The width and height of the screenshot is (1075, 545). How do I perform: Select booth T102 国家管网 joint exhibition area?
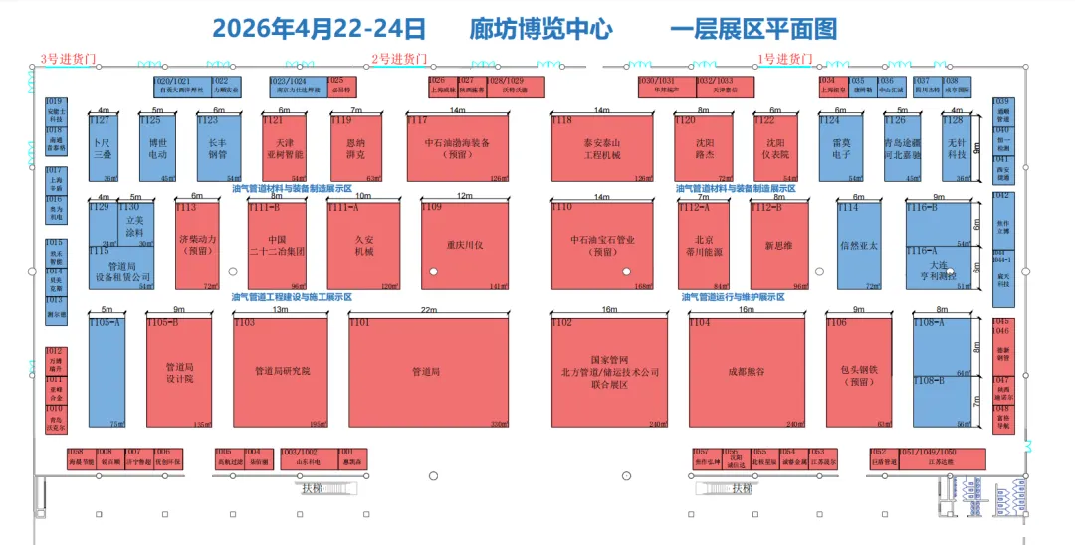tap(610, 372)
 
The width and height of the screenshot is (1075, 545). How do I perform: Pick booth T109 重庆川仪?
tap(465, 244)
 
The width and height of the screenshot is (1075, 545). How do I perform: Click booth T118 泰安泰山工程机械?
tap(603, 149)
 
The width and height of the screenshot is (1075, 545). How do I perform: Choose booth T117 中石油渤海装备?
tap(457, 149)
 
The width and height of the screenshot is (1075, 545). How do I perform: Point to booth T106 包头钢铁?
tap(858, 372)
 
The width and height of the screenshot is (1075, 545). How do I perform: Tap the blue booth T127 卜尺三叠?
tap(104, 149)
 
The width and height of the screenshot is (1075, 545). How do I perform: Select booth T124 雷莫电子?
tap(841, 149)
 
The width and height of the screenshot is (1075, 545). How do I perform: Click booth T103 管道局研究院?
tap(281, 372)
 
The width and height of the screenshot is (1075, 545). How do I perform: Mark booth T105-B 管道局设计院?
tap(179, 372)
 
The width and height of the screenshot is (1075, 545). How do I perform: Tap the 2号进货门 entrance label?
tap(398, 60)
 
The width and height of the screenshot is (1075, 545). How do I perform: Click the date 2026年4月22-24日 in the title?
tap(320, 28)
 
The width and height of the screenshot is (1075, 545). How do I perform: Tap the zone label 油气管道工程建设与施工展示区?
tap(293, 296)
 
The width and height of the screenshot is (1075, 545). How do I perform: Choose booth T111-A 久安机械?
tap(363, 244)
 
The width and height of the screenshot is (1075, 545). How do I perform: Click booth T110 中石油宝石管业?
tap(603, 244)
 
